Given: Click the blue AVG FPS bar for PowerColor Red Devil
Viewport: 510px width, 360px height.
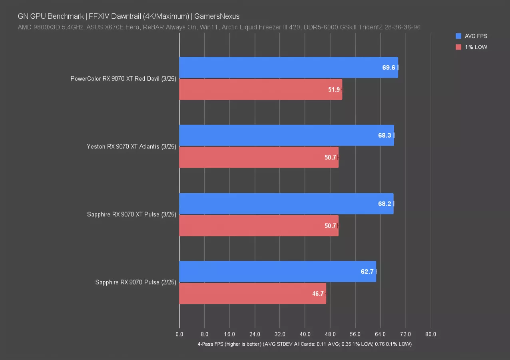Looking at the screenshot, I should coord(288,67).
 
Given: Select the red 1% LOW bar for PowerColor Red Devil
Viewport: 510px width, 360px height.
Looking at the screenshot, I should coord(260,90).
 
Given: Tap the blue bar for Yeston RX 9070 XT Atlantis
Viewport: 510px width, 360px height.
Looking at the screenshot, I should coord(286,135).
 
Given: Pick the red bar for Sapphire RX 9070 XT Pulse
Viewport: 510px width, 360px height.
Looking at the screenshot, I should coord(258,226).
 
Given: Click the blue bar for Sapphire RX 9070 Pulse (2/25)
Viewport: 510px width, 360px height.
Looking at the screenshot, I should coord(277,272).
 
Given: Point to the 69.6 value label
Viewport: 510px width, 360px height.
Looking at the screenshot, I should coord(388,68).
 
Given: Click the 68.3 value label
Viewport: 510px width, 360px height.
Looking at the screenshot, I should coord(384,136).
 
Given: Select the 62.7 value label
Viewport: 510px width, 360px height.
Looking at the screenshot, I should coord(367,272).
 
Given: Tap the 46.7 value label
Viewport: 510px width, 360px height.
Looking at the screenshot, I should coord(318,294).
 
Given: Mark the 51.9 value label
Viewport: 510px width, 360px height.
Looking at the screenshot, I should coord(334,90).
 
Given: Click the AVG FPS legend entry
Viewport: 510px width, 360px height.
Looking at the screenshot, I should coord(476,36).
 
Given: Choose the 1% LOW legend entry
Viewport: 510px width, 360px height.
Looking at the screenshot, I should coord(476,47).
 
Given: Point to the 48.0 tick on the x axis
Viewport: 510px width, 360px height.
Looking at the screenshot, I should coord(330,334).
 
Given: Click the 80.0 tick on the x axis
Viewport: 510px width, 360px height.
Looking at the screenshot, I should coord(430,334).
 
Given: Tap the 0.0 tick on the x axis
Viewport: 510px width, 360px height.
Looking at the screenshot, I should coord(179,334).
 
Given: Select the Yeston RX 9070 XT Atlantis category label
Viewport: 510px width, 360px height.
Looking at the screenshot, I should coord(131,146).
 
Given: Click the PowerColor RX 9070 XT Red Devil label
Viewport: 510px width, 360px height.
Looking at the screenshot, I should coord(123,78).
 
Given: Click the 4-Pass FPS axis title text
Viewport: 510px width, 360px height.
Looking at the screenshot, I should coord(304,344).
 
